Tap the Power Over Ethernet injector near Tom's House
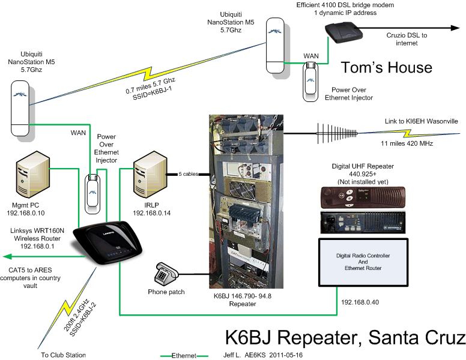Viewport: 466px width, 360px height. point(311,78)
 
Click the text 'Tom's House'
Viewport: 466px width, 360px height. point(386,66)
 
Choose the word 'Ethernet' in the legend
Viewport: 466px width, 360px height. point(184,356)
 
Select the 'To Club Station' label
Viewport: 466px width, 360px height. point(63,355)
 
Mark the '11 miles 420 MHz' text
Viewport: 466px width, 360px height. point(408,144)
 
